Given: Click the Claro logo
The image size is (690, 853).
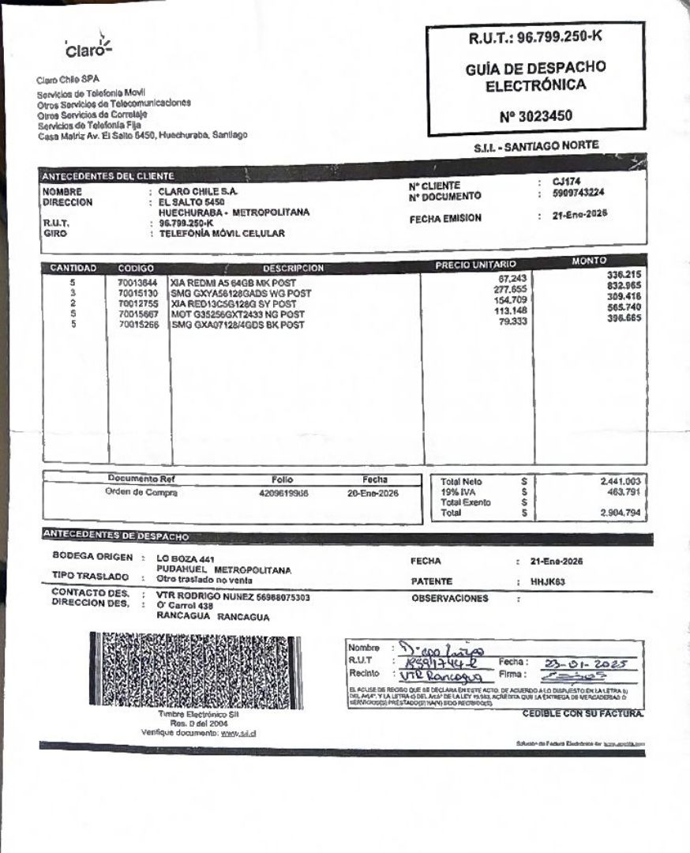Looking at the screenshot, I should point(88,48).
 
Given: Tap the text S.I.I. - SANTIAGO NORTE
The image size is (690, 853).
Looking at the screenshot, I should point(536,146).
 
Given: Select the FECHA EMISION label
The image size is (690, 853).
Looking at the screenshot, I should point(444,219).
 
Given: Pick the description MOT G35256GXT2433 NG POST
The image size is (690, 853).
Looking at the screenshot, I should point(238,314).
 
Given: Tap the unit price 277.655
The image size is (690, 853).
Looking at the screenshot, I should point(510,289).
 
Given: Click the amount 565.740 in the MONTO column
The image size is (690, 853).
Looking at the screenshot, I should point(624,307).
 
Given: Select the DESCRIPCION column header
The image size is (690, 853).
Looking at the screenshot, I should point(293,269).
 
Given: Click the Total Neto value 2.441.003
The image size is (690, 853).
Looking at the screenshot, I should point(621,480).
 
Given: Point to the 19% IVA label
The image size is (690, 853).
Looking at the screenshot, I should point(457,491).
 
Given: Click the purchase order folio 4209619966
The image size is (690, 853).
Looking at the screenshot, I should point(283,493).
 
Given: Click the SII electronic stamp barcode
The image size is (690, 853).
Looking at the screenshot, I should point(189,670).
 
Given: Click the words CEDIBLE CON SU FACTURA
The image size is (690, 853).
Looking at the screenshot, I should point(583,713).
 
